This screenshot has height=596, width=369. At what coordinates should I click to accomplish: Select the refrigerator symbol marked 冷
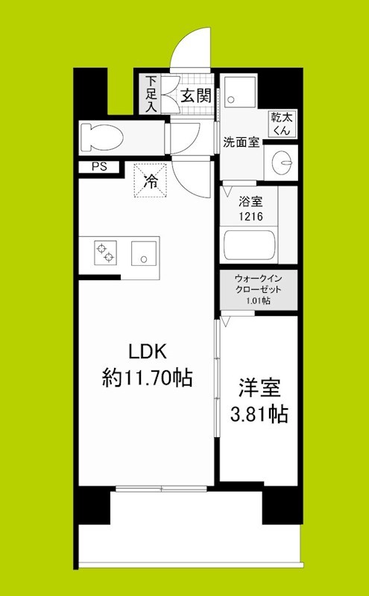click(150, 180)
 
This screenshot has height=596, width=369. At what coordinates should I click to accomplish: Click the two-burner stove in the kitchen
click(104, 253)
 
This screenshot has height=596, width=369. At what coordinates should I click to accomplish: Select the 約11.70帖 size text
click(146, 378)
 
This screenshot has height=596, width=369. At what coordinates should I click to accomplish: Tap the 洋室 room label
click(259, 388)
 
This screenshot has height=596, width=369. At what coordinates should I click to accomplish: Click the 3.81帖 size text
click(259, 413)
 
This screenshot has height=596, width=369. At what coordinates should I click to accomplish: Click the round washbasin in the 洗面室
click(283, 159)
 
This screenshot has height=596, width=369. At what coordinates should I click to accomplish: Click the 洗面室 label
click(241, 142)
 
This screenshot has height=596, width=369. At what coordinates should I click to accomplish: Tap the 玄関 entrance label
click(196, 95)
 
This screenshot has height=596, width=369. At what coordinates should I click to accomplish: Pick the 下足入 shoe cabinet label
click(151, 92)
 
